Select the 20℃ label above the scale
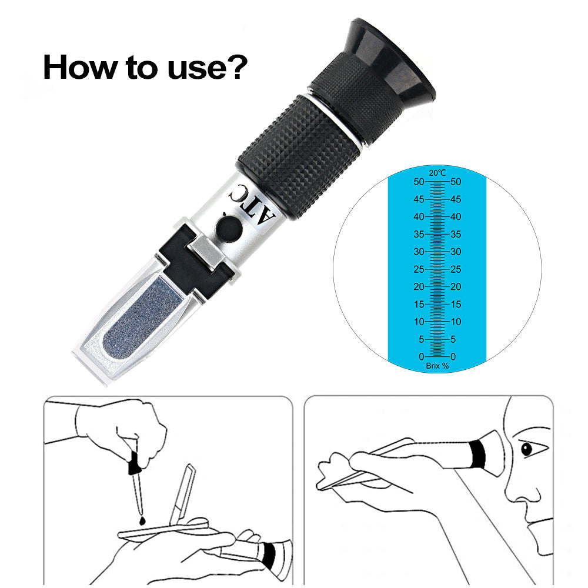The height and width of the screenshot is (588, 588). (x=436, y=173)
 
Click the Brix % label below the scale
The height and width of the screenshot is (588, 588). (x=437, y=366)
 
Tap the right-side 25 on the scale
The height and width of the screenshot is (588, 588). (x=456, y=269)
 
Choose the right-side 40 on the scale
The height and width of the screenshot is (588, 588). (x=456, y=217)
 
